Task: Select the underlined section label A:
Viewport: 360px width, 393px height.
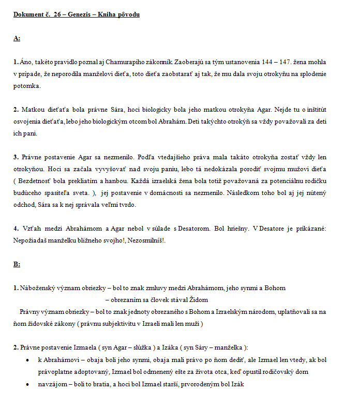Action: [x=17, y=38]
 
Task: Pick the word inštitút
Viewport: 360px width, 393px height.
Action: [x=316, y=110]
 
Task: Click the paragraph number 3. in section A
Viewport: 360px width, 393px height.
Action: [x=17, y=157]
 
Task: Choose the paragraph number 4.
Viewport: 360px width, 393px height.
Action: [x=17, y=228]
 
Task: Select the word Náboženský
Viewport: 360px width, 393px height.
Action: [x=34, y=288]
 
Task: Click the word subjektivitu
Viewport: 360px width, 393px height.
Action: [x=113, y=324]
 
